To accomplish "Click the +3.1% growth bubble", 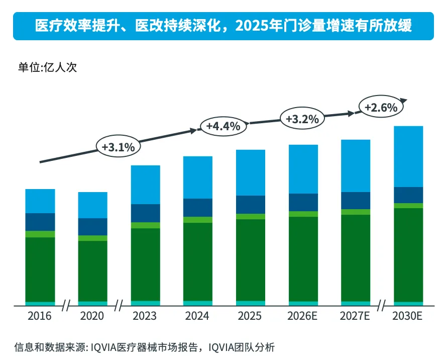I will coord(118,147).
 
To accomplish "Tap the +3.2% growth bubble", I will coord(302,119).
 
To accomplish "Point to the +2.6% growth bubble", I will coord(381,107).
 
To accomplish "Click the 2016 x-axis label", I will coord(40,316).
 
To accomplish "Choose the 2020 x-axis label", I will coord(92,316).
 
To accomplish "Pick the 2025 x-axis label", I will coord(250,316).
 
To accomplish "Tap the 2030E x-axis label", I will coord(408,316).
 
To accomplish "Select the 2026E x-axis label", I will coord(303,316).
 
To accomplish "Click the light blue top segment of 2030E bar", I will coord(408,156).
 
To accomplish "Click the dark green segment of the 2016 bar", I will coord(40,269).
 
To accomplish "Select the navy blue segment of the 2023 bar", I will coord(145,213).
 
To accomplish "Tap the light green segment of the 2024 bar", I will coord(198,220).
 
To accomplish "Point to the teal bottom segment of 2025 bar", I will coord(250,303).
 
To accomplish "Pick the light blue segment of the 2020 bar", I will coord(92,205).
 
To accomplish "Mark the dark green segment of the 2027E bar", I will coord(356,258).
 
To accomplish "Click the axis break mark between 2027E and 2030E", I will coord(382,305).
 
